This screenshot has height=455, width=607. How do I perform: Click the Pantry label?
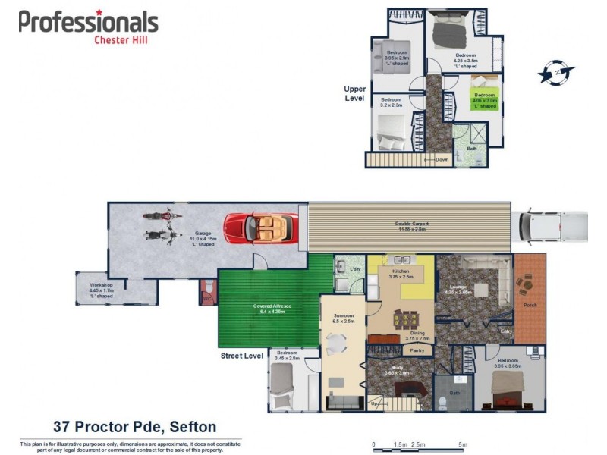coord(417,350)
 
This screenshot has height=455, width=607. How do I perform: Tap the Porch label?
coord(530,306)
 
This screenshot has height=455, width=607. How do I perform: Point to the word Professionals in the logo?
coord(89,22)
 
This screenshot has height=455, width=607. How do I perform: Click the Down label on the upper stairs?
coord(442,159)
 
